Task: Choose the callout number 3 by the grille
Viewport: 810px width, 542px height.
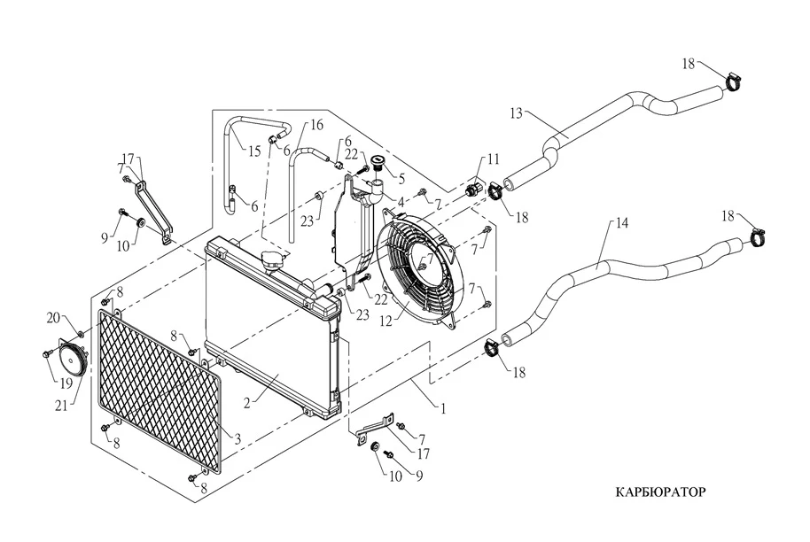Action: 237,438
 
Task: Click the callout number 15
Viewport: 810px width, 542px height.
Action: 254,151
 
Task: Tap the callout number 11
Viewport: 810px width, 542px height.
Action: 494,159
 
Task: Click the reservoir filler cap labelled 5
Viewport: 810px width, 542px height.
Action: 378,162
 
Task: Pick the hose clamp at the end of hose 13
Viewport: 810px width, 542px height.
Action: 732,82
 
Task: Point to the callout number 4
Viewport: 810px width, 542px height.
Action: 401,203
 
